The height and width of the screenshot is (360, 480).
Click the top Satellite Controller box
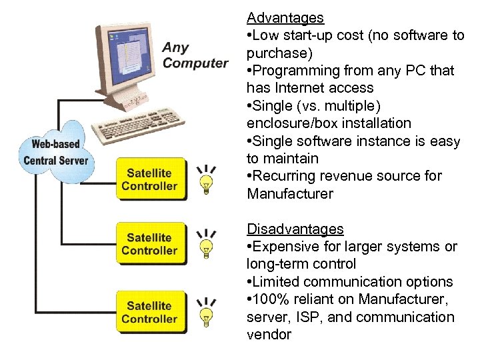tap(149, 179)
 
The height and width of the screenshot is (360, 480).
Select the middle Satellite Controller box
tap(149, 243)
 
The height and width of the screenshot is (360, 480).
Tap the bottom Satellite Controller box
tap(149, 312)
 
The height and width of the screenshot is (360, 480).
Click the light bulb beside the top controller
tap(207, 181)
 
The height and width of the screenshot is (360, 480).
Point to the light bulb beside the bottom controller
tap(207, 313)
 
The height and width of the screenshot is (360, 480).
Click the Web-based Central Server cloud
tap(57, 153)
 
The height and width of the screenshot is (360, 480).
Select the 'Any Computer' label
tap(195, 55)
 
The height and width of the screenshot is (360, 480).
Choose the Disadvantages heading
tap(295, 229)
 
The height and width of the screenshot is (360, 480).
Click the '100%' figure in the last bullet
tap(271, 299)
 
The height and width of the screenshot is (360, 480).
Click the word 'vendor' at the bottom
tap(269, 335)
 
